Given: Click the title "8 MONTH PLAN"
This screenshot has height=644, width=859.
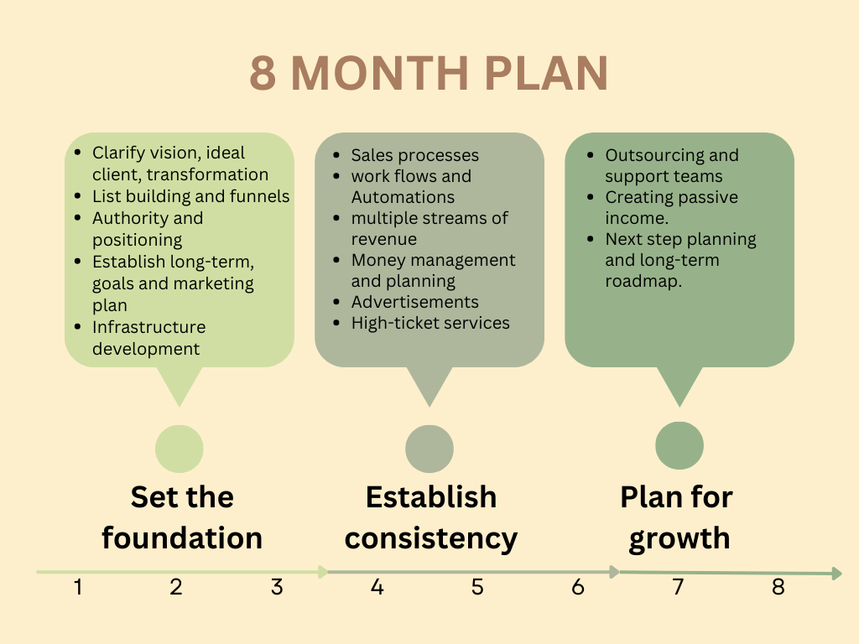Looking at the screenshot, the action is click(429, 73).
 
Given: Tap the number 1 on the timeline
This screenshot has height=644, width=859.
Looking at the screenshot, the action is click(78, 587).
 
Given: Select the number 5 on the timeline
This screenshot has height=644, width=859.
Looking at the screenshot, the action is click(477, 587).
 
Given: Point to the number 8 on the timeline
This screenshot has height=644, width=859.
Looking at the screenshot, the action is click(778, 587).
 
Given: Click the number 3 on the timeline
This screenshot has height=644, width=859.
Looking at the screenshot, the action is click(277, 587).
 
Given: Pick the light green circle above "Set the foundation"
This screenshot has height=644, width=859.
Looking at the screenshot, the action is click(180, 449).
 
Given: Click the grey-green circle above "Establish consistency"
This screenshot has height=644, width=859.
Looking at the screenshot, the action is click(429, 449).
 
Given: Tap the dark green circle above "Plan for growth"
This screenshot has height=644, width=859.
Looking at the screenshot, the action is click(679, 445).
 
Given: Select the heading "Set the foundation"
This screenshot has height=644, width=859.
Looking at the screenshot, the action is click(182, 517).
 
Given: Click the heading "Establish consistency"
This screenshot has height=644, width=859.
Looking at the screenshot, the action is click(431, 518).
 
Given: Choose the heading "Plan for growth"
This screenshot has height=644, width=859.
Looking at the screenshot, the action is click(677, 518).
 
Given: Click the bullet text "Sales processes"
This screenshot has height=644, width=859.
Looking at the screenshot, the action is click(414, 155).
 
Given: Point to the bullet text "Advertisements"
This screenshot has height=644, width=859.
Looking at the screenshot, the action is click(414, 302).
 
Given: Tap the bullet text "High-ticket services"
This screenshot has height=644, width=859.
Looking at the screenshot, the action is click(430, 323).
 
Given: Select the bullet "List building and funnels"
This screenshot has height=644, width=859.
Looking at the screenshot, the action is click(190, 196).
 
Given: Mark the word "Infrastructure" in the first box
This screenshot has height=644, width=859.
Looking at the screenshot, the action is click(149, 327).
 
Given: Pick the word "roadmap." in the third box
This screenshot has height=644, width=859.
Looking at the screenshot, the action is click(643, 281).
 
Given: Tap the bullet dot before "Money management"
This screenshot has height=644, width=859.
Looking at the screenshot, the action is click(336, 260).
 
